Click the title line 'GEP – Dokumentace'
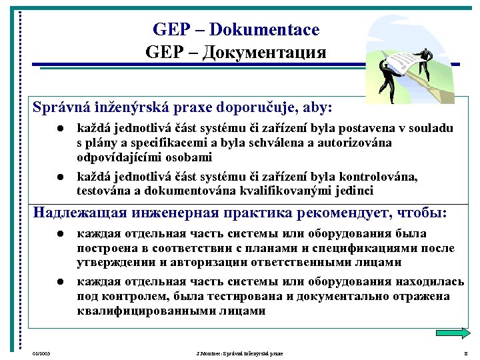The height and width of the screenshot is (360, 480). point(236,30)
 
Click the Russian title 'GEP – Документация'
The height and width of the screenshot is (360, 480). point(236,52)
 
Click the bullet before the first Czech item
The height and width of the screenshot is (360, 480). point(59,129)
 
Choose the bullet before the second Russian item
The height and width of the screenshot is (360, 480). point(59,283)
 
